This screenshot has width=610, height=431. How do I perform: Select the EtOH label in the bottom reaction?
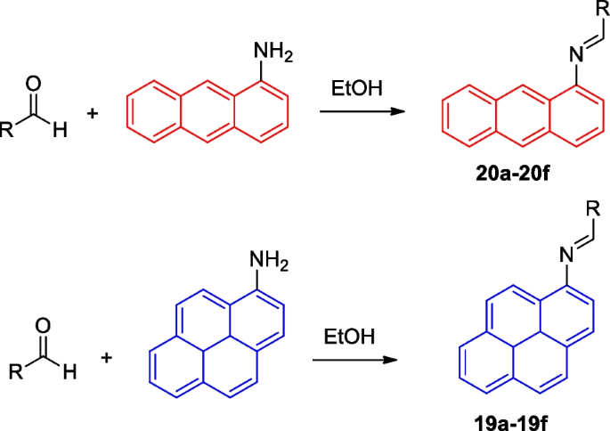tap(349, 339)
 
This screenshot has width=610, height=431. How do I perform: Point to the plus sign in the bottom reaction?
tap(107, 358)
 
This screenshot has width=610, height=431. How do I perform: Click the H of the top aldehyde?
tap(59, 132)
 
